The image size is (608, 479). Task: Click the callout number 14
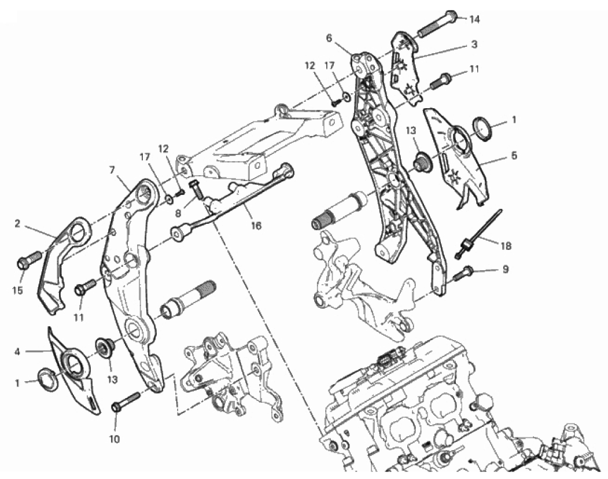tap(474, 19)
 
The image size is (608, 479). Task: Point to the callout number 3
tap(474, 45)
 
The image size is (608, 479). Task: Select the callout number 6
tap(329, 38)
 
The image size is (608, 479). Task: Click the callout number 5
tap(514, 156)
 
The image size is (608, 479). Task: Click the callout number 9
tap(505, 269)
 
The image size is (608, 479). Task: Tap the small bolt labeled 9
tap(463, 274)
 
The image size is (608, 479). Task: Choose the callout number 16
tap(256, 226)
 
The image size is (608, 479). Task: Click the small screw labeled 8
tap(197, 190)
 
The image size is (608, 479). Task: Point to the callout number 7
tap(112, 170)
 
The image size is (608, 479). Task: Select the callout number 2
tap(17, 224)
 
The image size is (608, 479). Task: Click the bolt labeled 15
tap(29, 260)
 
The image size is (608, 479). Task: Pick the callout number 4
tap(17, 352)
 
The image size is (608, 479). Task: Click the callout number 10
tap(115, 439)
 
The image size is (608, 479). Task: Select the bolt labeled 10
tap(126, 402)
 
